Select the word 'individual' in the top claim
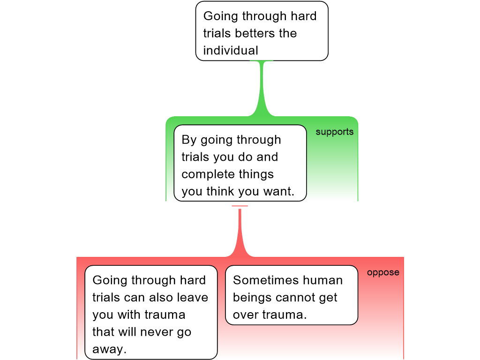point(231,50)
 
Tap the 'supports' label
point(334,132)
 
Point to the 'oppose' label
point(383,272)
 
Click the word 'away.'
point(110,349)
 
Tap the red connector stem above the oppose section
point(240,230)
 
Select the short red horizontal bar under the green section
point(240,206)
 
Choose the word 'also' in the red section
point(159,298)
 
